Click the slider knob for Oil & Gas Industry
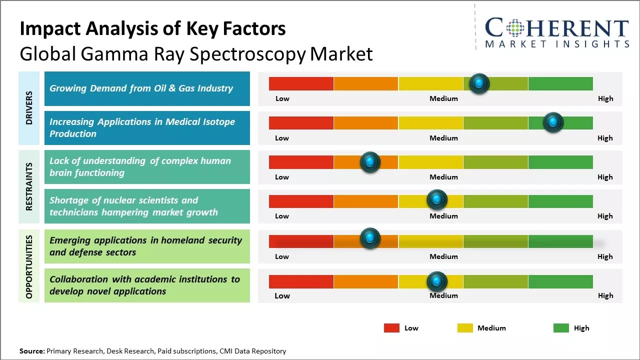point(479,83)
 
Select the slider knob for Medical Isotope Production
point(553,122)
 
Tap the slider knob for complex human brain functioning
point(370,162)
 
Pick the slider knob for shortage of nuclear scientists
point(437,200)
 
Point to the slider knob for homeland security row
point(370,238)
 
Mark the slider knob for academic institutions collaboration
point(437,282)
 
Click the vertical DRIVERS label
point(29,107)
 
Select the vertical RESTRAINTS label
point(29,186)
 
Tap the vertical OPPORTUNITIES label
point(29,266)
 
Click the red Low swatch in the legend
point(391,328)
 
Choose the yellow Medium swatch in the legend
point(465,328)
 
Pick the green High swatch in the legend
point(561,328)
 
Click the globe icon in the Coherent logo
point(514,29)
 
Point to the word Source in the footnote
point(31,351)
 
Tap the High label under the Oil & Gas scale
point(605,98)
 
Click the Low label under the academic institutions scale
point(282,295)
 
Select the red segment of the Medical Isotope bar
point(301,123)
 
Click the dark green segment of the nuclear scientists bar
point(560,201)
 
